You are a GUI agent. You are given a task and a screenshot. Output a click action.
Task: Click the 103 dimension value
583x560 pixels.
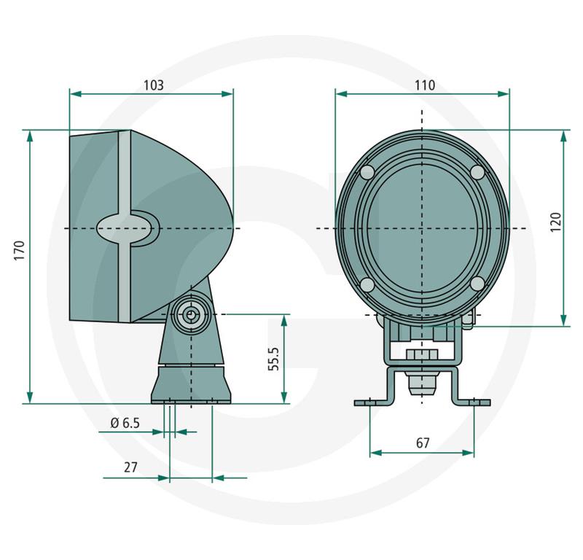[154, 85]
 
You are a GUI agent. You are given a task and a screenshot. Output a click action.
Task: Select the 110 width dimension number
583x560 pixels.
[425, 85]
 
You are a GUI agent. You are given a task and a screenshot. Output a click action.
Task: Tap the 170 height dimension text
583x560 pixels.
[19, 250]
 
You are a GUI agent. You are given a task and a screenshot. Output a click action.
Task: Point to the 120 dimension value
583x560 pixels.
[555, 222]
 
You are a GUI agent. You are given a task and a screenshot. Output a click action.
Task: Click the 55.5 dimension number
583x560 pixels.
[274, 359]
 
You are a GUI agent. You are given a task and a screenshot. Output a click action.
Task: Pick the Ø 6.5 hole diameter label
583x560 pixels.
[125, 423]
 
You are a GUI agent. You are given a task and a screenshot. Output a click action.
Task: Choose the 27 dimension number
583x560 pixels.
[130, 467]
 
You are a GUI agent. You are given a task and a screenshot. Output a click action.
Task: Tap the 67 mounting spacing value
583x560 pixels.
[423, 443]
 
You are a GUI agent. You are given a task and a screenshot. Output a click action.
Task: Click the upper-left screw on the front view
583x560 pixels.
[367, 172]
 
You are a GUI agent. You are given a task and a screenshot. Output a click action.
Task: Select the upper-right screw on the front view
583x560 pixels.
[478, 172]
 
